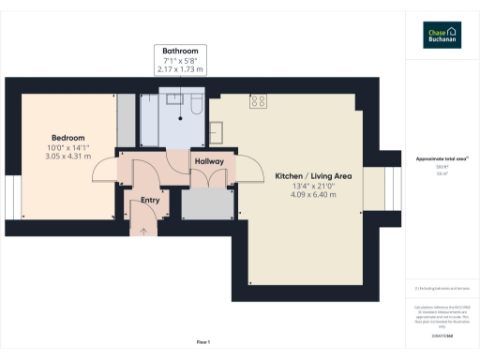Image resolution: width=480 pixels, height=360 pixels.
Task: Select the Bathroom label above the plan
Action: [181, 51]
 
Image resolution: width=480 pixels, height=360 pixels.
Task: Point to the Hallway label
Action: [209, 162]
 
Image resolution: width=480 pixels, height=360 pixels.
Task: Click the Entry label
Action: [150, 200]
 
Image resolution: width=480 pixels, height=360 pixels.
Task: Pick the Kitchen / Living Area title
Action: [313, 176]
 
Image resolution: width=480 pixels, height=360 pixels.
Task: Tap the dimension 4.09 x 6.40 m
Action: [313, 195]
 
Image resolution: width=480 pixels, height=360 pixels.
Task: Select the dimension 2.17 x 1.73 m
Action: [181, 69]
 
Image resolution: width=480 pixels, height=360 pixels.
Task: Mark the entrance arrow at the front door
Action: [143, 229]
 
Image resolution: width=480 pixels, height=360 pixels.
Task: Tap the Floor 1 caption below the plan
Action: [203, 341]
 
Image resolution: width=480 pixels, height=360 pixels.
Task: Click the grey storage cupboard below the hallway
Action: [205, 203]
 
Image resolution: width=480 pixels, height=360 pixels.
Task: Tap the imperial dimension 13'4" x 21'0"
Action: [313, 186]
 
